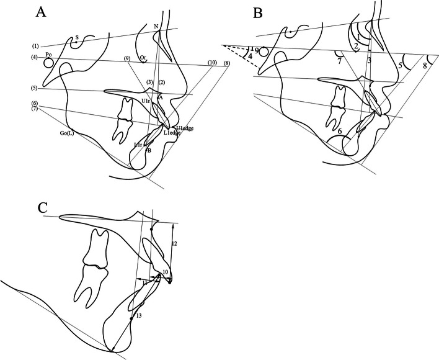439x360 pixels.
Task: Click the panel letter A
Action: [41, 11]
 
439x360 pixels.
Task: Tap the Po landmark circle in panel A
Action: [48, 63]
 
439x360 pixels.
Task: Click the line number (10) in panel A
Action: [212, 62]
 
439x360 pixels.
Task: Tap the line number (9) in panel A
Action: [126, 59]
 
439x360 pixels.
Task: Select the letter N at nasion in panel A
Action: [156, 26]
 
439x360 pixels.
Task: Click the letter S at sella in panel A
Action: [76, 37]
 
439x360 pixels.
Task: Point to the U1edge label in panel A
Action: [185, 128]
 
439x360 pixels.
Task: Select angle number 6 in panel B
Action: [340, 131]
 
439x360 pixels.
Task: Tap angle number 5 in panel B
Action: [401, 65]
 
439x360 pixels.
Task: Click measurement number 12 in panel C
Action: [174, 245]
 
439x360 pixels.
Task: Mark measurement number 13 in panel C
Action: [138, 316]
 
